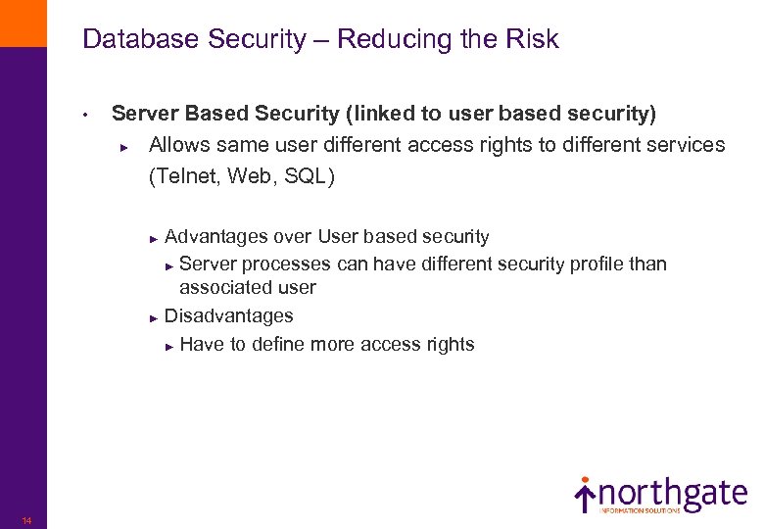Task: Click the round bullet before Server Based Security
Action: click(86, 116)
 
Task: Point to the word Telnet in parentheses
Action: click(185, 176)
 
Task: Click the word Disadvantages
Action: click(228, 315)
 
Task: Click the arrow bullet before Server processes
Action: click(169, 265)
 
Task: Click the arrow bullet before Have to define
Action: click(169, 346)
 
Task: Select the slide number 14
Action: click(26, 520)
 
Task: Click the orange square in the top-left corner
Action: click(23, 23)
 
